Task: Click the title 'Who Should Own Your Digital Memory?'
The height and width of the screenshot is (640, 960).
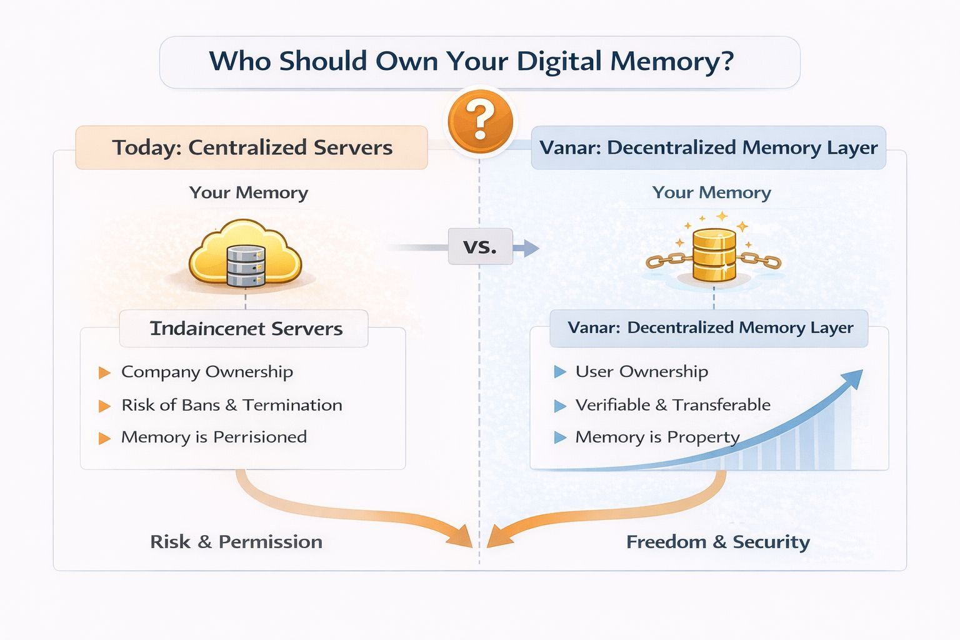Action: click(471, 62)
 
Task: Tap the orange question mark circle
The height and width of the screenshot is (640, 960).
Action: click(480, 121)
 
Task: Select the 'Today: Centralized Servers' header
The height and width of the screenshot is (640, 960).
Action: click(252, 147)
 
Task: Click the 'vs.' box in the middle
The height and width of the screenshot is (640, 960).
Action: click(480, 246)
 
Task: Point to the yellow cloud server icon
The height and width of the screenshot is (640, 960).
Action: click(245, 255)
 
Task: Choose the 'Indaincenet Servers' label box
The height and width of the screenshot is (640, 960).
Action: click(246, 329)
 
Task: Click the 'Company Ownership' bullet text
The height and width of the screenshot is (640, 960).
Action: click(207, 372)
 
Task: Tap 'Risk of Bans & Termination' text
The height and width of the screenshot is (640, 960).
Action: click(231, 405)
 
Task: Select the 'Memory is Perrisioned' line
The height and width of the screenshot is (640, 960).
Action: click(214, 437)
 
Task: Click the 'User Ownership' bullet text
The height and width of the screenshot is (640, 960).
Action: click(641, 372)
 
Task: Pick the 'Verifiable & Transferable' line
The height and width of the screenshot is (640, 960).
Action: click(672, 405)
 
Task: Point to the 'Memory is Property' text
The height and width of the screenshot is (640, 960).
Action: click(657, 437)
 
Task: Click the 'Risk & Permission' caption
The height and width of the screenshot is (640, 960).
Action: click(236, 541)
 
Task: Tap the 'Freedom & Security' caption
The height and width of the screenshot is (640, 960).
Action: click(717, 541)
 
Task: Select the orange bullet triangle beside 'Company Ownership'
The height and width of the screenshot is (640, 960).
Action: click(104, 373)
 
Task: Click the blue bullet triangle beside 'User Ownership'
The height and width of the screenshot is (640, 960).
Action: click(559, 372)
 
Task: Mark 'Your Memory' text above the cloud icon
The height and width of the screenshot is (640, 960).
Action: click(249, 192)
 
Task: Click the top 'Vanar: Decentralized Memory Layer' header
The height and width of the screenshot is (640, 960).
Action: click(708, 147)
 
